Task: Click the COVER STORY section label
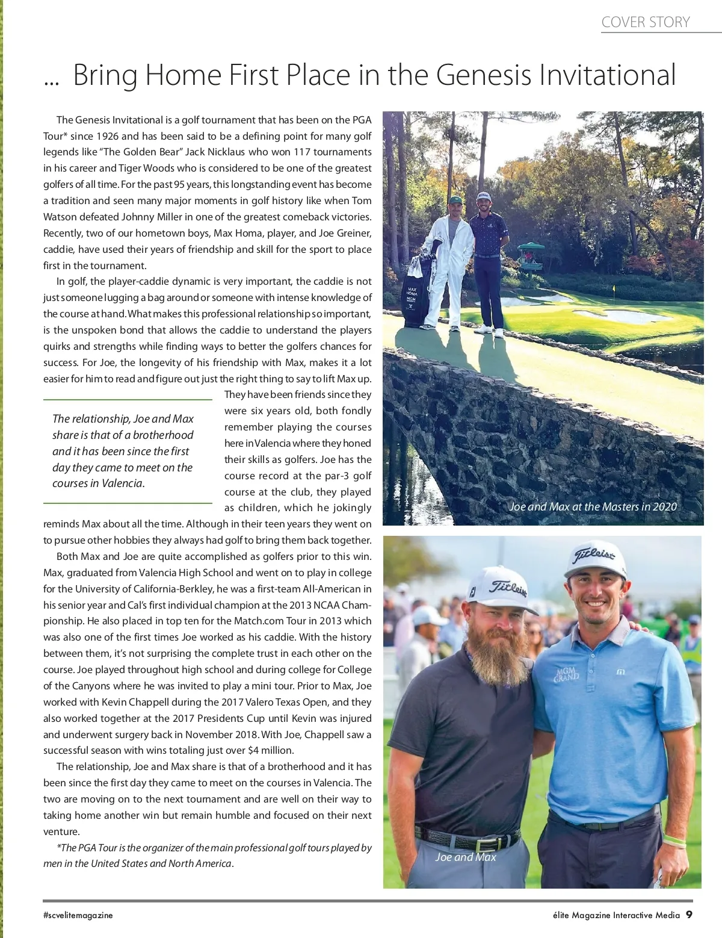point(645,22)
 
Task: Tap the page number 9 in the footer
point(689,915)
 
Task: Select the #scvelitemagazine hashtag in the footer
point(78,915)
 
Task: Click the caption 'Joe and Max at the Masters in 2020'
point(593,507)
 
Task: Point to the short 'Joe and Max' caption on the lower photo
point(466,857)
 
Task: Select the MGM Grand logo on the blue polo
point(566,674)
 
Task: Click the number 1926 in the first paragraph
point(107,136)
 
